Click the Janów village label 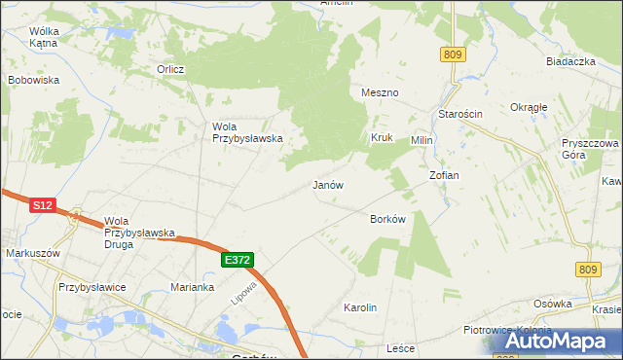point(327,184)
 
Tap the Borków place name point(387,219)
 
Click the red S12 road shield point(42,205)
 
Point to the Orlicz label point(171,69)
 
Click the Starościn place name point(459,114)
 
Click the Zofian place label point(444,175)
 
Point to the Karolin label point(360,307)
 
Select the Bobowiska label point(34,80)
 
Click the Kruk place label point(381,138)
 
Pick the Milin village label point(421,140)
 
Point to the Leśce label point(401,347)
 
